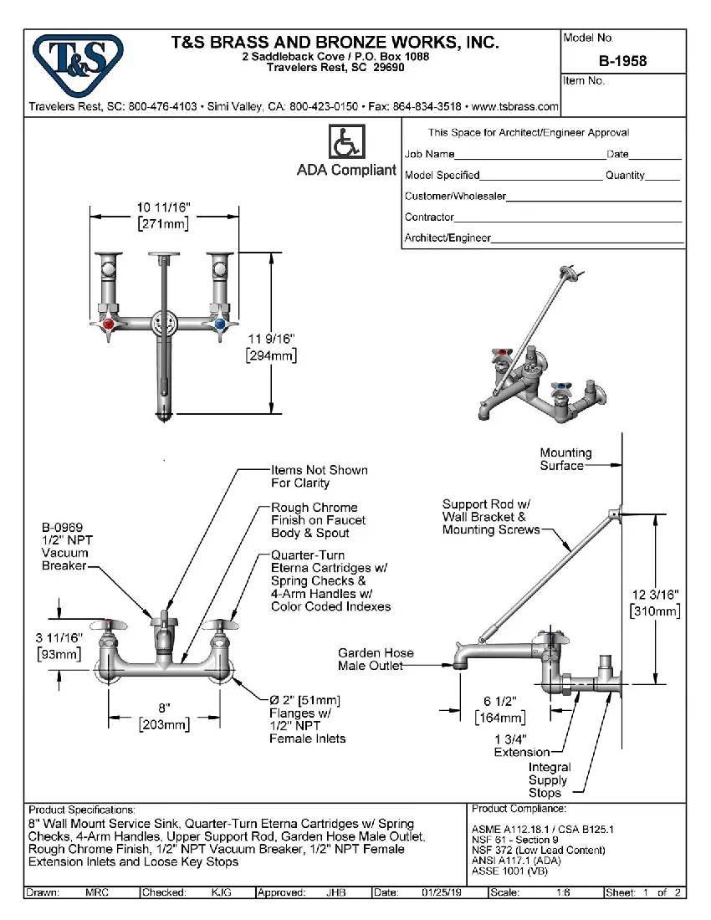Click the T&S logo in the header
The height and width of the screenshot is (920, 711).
(x=76, y=61)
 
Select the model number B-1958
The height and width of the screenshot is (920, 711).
(x=622, y=61)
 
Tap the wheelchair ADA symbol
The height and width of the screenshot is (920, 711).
(x=345, y=141)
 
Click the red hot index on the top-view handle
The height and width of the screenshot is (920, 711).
(x=109, y=324)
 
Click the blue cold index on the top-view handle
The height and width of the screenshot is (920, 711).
(x=219, y=324)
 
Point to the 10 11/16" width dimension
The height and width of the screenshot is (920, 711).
(x=164, y=207)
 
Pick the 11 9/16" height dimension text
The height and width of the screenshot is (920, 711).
(x=272, y=338)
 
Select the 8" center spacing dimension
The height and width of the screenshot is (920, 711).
(x=164, y=708)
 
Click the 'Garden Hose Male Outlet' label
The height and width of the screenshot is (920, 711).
(x=375, y=659)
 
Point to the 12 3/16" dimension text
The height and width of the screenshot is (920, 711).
(x=655, y=595)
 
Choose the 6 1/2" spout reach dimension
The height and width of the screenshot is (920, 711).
(x=499, y=703)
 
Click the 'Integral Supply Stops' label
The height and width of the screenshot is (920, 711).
(x=549, y=779)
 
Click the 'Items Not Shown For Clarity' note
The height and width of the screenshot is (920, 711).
(x=319, y=477)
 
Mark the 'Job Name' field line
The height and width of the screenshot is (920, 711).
(x=528, y=155)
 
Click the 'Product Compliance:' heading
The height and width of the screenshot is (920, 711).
(x=519, y=810)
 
